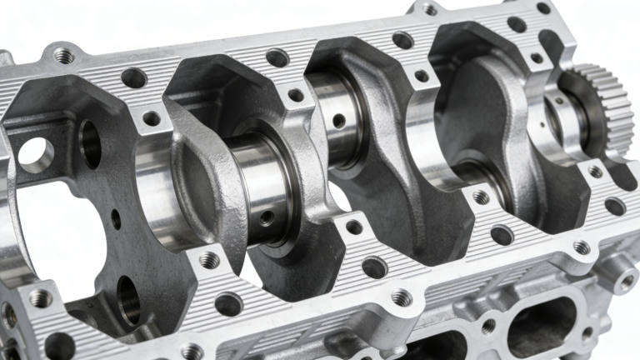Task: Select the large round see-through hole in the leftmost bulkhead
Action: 36,155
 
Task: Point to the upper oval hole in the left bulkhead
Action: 90,142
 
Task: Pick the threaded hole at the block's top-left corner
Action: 63,55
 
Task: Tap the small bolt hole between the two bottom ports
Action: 488,326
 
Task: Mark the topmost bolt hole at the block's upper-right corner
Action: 543,7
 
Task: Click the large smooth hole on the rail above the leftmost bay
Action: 133,78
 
